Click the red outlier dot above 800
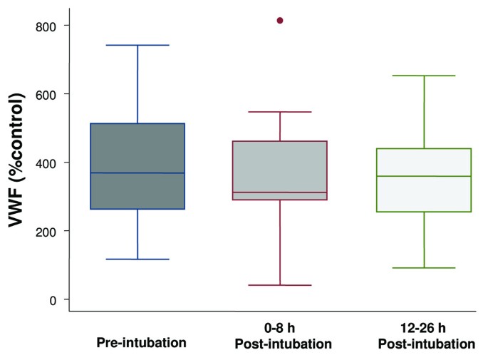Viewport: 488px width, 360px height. click(280, 21)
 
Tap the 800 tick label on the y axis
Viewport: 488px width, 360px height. click(46, 26)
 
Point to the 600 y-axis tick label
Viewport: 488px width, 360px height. click(46, 94)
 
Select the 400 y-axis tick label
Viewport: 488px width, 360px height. click(46, 163)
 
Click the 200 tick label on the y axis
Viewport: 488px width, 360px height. click(46, 231)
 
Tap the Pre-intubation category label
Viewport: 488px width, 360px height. click(141, 342)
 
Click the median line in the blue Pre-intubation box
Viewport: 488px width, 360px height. click(137, 173)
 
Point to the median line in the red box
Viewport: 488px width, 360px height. click(280, 192)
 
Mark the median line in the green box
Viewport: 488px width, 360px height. click(424, 176)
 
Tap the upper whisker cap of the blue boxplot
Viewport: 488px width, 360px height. click(137, 45)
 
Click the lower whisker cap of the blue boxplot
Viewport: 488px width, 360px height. click(137, 259)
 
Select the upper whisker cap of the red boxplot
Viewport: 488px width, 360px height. click(280, 112)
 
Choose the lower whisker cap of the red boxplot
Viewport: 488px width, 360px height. click(280, 285)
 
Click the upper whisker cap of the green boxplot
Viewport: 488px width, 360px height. click(424, 76)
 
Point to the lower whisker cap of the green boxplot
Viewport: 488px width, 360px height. click(424, 268)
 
